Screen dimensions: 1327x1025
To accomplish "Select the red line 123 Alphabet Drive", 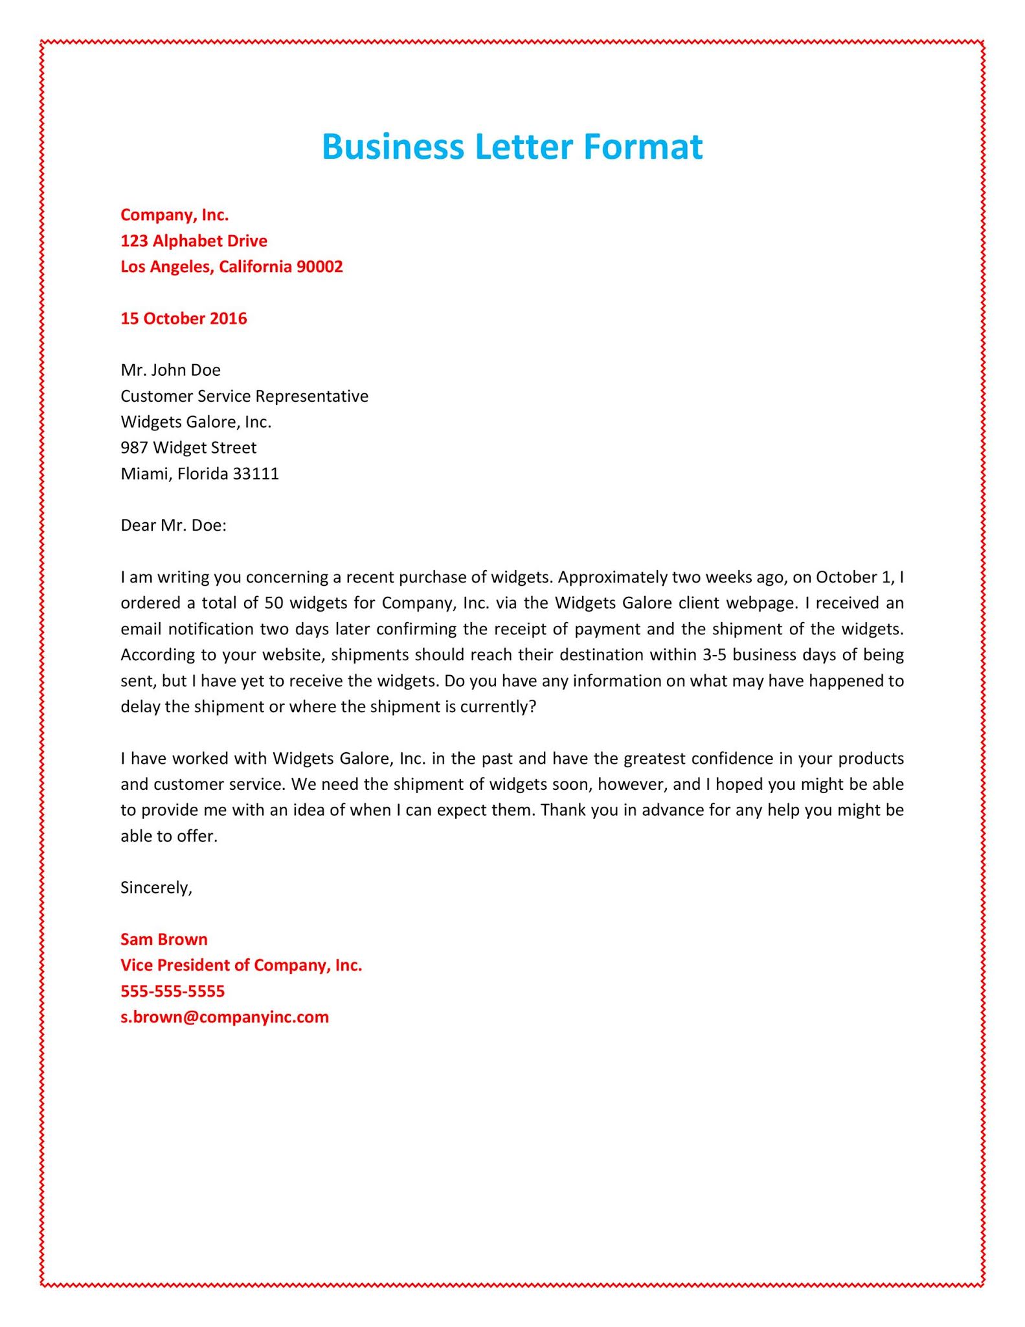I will click(194, 241).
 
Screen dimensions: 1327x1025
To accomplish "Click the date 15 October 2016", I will click(183, 319).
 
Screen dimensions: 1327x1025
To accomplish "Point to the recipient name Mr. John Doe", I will click(170, 370).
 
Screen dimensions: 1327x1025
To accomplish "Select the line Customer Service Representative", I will click(244, 396).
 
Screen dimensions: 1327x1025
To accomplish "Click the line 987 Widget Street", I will click(188, 448).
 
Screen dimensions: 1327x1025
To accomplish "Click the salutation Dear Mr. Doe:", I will click(174, 525).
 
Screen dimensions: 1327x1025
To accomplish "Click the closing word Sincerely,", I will click(156, 888).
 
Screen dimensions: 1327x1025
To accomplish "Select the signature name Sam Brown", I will click(164, 940).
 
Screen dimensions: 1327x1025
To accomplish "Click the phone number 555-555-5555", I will click(172, 991).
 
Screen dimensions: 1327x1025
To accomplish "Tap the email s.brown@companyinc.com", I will click(225, 1017).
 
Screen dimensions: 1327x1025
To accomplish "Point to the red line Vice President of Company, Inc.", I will click(241, 965).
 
